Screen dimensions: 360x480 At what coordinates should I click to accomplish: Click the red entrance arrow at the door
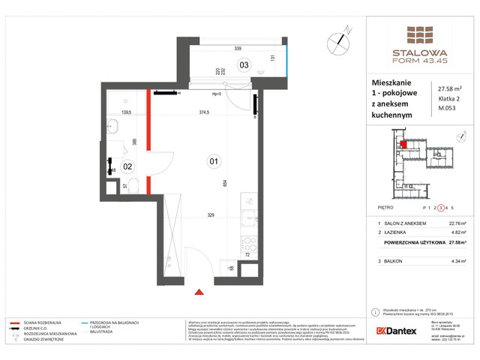coord(199,292)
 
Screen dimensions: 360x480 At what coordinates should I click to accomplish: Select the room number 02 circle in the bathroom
coord(127,166)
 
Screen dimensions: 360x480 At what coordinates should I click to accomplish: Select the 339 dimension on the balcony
coord(237,47)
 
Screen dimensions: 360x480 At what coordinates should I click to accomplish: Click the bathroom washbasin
coord(113,124)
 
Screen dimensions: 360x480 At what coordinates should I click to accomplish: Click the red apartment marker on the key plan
coord(403,145)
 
